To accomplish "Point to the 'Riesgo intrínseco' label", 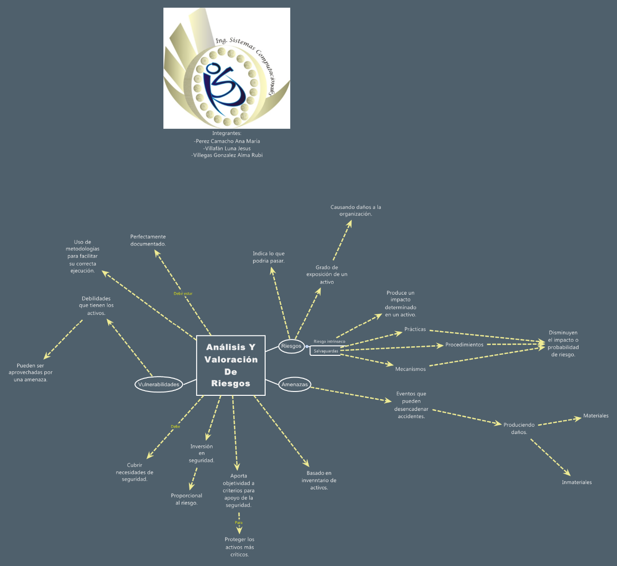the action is tap(329, 341).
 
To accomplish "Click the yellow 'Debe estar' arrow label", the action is tap(183, 294).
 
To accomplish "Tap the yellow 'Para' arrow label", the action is tap(239, 523).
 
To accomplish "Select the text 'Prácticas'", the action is tap(415, 329).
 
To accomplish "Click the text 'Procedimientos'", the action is tap(464, 345).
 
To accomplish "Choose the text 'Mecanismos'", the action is tap(410, 369).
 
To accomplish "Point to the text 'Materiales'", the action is tap(596, 416).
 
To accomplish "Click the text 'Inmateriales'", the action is tap(577, 482).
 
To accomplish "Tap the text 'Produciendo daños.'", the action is tap(519, 429).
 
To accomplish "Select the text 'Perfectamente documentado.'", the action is tap(148, 240).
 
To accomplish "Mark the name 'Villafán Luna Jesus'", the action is tap(227, 148).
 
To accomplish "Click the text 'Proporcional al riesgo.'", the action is tap(187, 499).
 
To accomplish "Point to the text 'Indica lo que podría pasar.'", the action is tap(268, 257).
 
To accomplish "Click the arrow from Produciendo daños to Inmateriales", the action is tap(550, 458).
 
